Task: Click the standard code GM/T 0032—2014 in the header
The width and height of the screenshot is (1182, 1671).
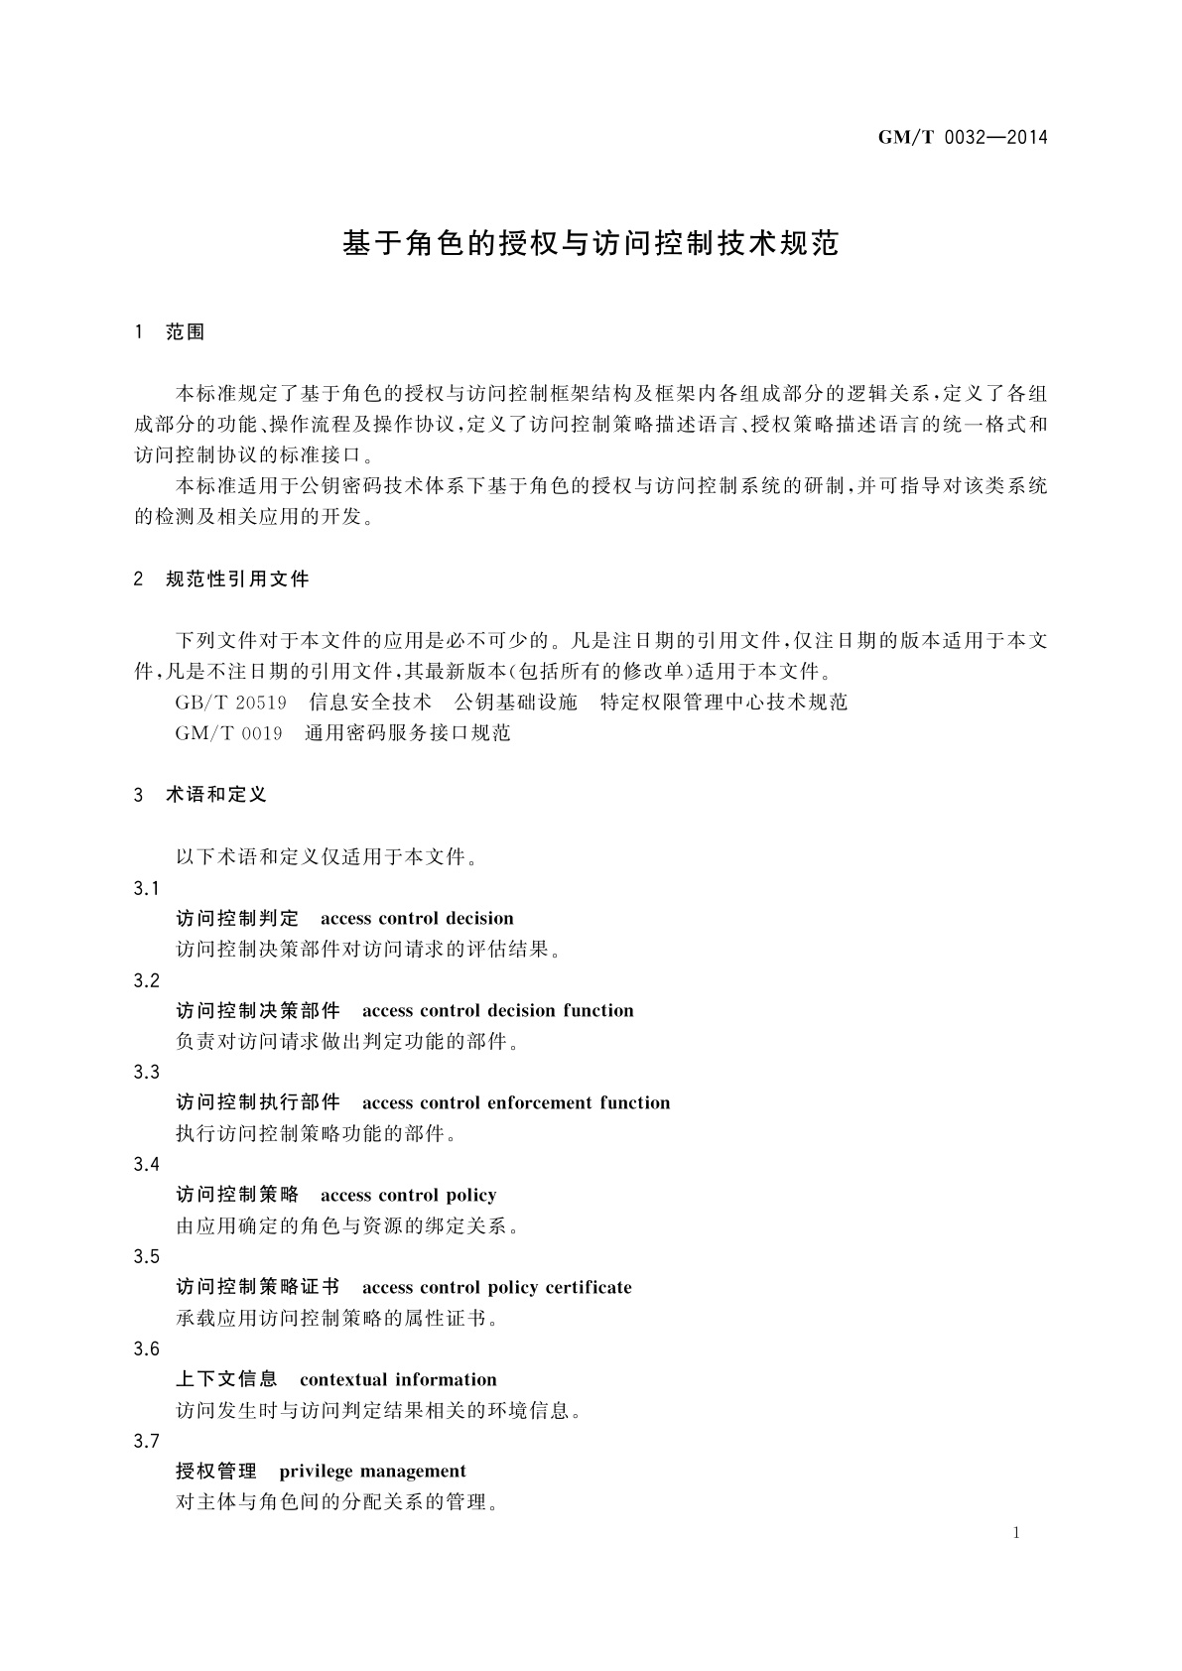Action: [x=963, y=138]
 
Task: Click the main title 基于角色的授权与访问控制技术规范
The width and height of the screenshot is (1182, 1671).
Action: [x=591, y=243]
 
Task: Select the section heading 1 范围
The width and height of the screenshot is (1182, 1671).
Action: [x=170, y=332]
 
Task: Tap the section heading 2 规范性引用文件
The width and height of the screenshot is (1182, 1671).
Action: [x=221, y=578]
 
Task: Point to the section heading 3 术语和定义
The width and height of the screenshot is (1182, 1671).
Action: [x=200, y=795]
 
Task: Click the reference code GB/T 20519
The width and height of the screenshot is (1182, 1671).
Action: [x=231, y=703]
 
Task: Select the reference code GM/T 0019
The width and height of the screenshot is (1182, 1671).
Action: [x=229, y=733]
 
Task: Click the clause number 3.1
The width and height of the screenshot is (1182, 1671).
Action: [x=147, y=887]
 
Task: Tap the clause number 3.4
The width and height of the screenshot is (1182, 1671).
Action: [x=147, y=1164]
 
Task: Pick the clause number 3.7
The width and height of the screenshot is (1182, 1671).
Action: [x=147, y=1441]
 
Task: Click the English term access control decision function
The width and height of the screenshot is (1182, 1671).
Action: [x=498, y=1010]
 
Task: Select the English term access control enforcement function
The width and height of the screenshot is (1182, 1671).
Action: [x=516, y=1102]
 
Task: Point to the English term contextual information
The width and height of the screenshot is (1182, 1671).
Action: [x=398, y=1379]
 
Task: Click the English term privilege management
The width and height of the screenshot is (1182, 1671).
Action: [x=373, y=1471]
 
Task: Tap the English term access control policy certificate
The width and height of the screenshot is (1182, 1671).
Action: [x=497, y=1287]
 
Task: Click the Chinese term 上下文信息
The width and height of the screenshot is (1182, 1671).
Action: [x=227, y=1379]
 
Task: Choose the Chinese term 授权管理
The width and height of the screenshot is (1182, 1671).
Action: [x=216, y=1471]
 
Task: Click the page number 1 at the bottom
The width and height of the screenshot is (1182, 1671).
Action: [x=1016, y=1533]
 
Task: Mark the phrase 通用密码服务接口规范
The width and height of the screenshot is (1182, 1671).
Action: [x=408, y=733]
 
